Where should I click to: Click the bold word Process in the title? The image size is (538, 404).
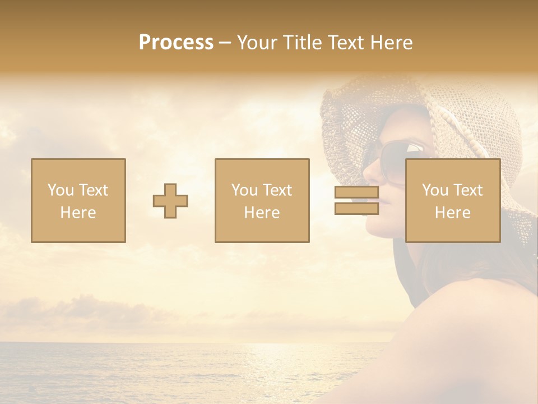[x=176, y=43]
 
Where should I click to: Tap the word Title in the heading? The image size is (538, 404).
[x=303, y=43]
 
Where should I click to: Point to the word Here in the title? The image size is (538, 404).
[x=391, y=43]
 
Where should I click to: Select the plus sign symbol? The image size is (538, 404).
[x=170, y=201]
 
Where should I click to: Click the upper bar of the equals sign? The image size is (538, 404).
[x=356, y=192]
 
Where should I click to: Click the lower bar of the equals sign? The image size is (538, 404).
[x=356, y=209]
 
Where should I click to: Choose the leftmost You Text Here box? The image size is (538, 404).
[x=78, y=200]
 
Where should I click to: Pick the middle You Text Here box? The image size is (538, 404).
[x=262, y=200]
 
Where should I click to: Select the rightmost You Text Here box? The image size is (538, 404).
[x=453, y=200]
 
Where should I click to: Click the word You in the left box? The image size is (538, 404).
[x=60, y=190]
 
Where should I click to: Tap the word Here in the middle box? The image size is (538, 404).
[x=262, y=213]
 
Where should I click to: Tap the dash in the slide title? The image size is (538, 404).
[x=225, y=43]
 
